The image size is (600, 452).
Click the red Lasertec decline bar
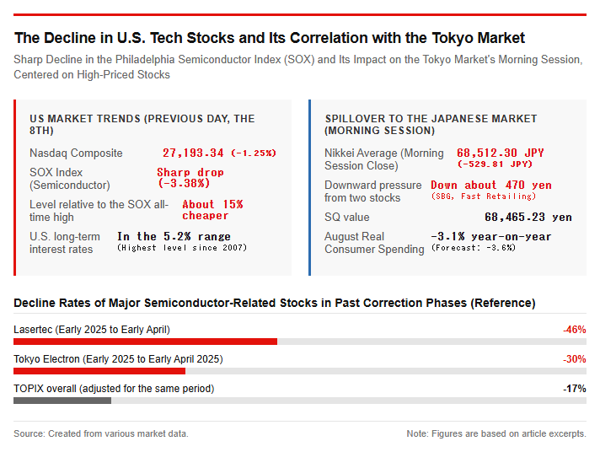146,342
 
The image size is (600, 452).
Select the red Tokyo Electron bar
99,371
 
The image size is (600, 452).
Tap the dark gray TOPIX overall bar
62,401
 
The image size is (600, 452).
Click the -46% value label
575,330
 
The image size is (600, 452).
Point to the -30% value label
575,359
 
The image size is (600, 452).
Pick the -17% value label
575,389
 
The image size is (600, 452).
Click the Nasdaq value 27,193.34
193,153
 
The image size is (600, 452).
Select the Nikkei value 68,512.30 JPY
500,153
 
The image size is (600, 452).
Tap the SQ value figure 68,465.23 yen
528,218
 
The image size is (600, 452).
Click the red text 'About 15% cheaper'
212,210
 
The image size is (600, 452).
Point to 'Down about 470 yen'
491,185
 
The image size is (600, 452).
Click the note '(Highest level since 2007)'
182,248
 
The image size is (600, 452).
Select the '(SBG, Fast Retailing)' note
484,196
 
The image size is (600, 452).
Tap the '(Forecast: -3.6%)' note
474,248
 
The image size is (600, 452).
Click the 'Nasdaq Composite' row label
76,153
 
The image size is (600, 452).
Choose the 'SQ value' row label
347,218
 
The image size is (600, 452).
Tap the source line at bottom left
101,433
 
